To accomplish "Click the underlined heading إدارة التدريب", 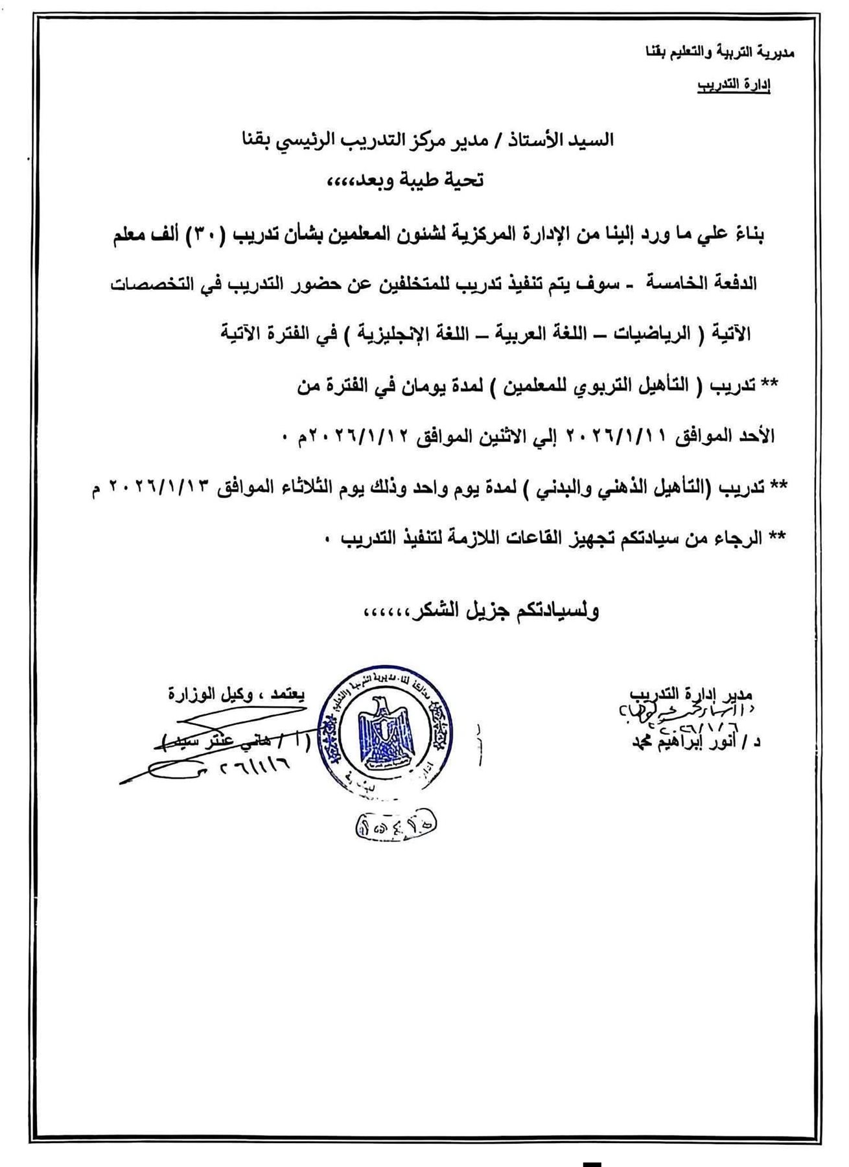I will [733, 86].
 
